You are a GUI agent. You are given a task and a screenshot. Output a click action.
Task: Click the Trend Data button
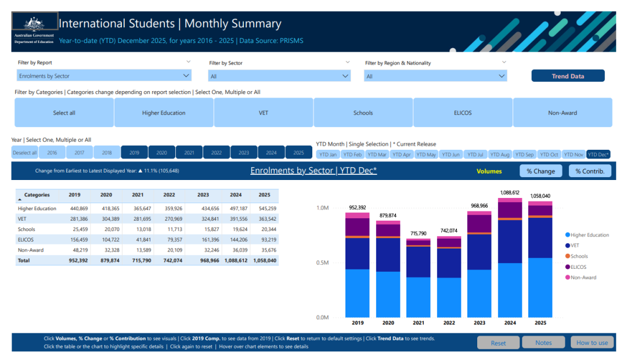tap(568, 76)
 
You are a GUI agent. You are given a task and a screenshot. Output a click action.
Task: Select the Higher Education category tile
tap(164, 113)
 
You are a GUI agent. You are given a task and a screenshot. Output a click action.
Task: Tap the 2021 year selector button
tap(189, 153)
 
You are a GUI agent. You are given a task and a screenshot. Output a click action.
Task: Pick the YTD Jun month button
tap(452, 154)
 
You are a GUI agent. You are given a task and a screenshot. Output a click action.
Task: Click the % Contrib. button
tap(590, 171)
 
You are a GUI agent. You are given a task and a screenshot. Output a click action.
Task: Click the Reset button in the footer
tap(498, 343)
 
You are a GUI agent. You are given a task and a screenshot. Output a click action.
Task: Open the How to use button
tap(592, 343)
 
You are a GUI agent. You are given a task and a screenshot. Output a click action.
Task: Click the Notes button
tap(543, 343)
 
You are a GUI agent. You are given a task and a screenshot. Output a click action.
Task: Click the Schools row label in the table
tap(27, 229)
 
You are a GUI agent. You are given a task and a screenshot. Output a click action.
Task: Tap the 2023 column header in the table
tap(203, 195)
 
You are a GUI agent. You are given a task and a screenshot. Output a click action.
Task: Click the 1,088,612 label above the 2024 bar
tap(508, 192)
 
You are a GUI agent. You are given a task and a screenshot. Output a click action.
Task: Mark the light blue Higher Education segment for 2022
tap(449, 297)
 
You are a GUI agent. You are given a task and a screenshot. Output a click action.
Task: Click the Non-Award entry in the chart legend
tap(583, 278)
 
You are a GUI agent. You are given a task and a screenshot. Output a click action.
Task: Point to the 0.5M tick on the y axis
tap(321, 263)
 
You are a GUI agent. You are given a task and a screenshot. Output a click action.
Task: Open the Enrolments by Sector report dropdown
tap(104, 76)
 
